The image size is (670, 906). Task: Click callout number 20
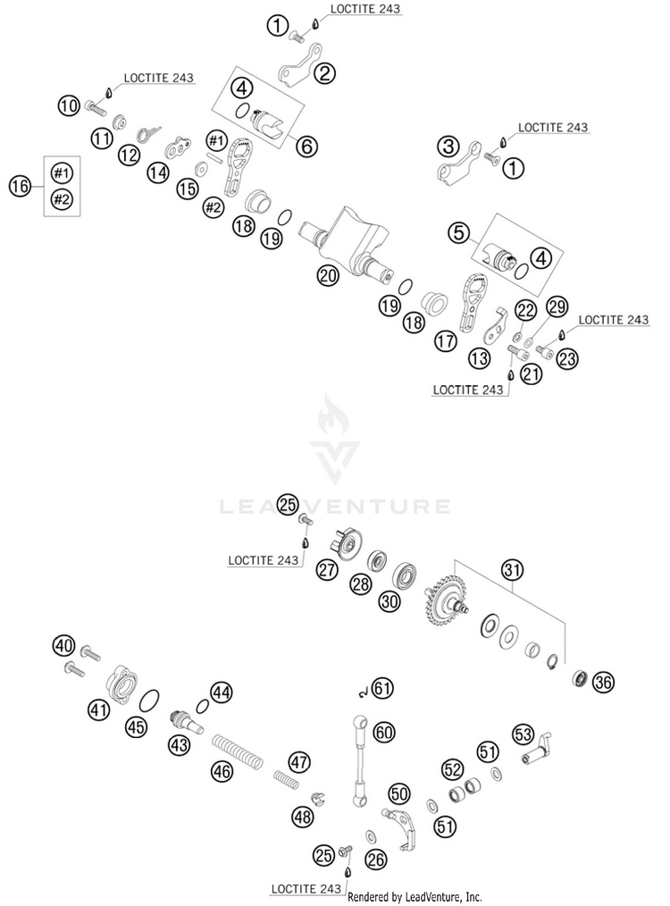[x=328, y=276]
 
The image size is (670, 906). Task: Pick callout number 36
[x=604, y=683]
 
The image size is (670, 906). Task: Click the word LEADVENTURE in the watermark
[x=335, y=507]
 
